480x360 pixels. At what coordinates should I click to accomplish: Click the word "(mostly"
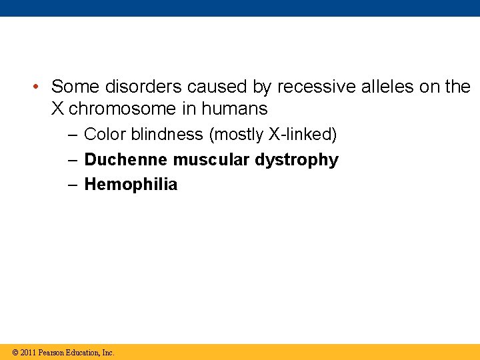pyautogui.click(x=237, y=135)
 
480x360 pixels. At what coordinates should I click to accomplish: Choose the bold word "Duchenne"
pyautogui.click(x=127, y=160)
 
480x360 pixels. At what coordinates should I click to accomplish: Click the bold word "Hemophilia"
pyautogui.click(x=131, y=185)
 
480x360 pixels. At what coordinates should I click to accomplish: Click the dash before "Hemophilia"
pyautogui.click(x=73, y=185)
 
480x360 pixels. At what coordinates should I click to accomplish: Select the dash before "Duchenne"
pyautogui.click(x=73, y=160)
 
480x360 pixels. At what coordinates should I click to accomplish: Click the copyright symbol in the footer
pyautogui.click(x=15, y=353)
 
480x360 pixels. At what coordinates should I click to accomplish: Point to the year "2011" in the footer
pyautogui.click(x=28, y=353)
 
